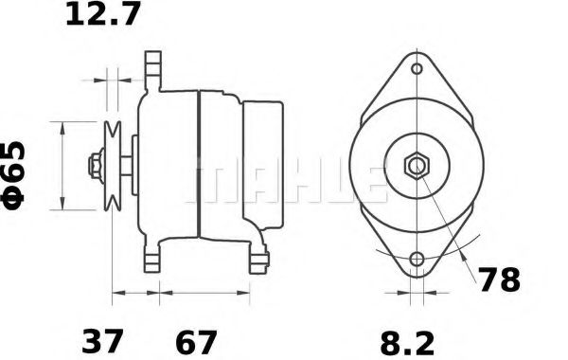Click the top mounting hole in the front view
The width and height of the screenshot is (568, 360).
(x=417, y=69)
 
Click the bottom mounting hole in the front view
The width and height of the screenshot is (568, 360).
(x=417, y=259)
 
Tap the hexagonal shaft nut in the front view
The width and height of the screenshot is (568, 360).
(x=417, y=167)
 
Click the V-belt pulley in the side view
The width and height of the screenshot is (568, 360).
(x=113, y=166)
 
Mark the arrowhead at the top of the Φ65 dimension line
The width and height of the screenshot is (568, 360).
(x=62, y=126)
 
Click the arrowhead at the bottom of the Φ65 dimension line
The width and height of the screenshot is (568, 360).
(x=62, y=206)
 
